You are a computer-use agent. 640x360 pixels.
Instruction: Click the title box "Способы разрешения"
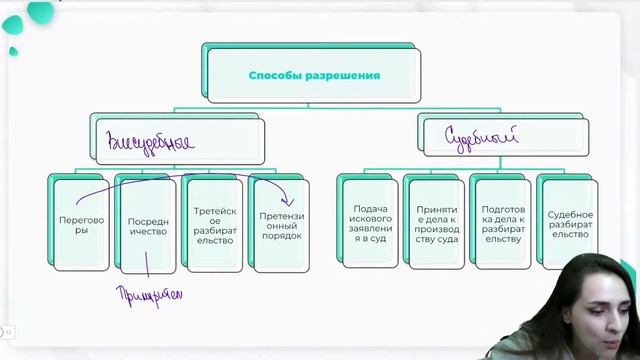click(x=313, y=75)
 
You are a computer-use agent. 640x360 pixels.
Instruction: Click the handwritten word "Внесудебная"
click(x=151, y=140)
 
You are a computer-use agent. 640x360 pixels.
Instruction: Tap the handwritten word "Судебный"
click(x=481, y=137)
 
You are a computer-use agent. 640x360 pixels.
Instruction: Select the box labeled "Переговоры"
click(x=75, y=223)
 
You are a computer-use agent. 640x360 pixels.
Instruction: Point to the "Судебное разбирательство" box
click(x=569, y=223)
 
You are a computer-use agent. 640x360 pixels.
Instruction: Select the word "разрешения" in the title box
click(x=344, y=75)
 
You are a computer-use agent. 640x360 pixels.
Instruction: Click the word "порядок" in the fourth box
click(x=280, y=236)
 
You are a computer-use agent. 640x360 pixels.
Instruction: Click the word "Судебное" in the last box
click(x=570, y=215)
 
